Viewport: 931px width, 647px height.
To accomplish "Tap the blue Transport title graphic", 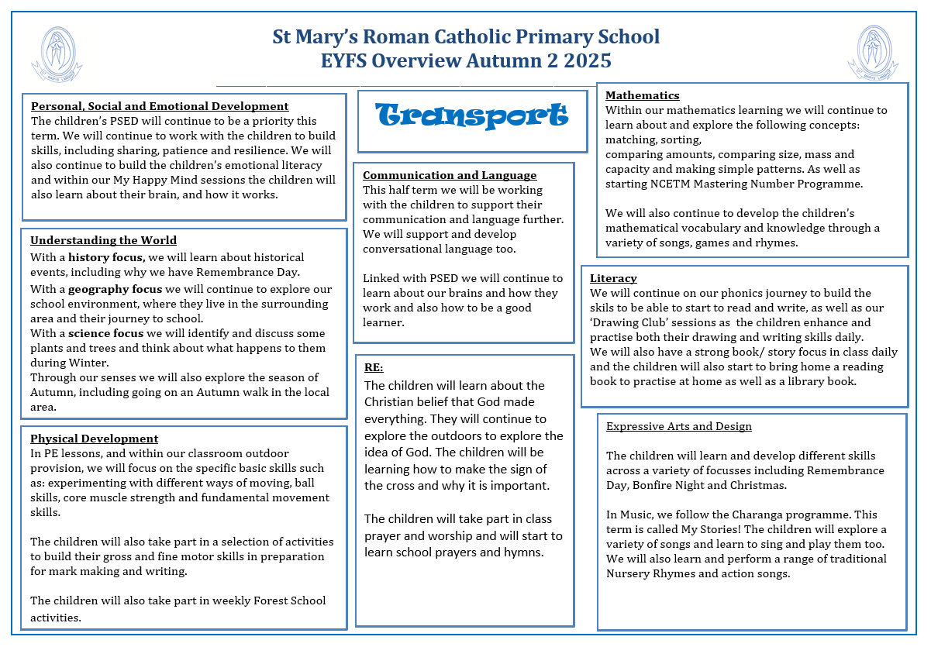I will [472, 116].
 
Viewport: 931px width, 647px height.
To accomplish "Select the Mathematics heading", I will [642, 95].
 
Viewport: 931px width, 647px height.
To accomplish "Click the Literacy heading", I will [613, 278].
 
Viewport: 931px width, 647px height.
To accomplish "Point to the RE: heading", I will [374, 367].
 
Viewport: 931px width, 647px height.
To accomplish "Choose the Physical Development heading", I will [95, 439].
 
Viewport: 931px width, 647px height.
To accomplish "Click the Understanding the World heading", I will [104, 240].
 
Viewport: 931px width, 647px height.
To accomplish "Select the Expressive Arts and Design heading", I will [679, 426].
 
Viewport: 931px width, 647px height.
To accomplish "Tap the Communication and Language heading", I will [450, 175].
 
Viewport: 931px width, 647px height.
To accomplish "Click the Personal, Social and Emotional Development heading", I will [160, 106].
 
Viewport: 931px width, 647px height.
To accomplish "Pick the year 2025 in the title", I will [586, 60].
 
